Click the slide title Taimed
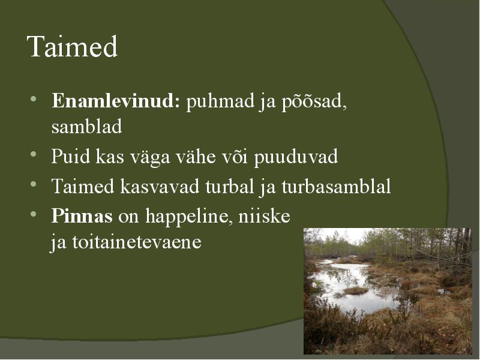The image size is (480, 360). pos(72,46)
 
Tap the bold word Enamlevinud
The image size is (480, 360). pos(116,100)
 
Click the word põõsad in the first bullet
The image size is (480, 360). pos(314,101)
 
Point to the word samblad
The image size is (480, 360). pos(86,126)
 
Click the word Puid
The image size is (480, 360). pos(70,156)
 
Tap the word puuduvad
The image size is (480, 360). pos(296,157)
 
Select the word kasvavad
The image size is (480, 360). pos(160,186)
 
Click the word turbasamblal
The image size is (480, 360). pos(336,186)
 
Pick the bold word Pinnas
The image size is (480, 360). pos(82,216)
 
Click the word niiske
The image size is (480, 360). pos(264,216)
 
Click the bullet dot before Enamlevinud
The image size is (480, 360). pos(34,99)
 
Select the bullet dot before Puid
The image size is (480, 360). pos(34,154)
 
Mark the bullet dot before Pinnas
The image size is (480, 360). pos(34,214)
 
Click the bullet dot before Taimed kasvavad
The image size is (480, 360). pos(34,184)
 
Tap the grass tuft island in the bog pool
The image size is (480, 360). pos(355,290)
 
